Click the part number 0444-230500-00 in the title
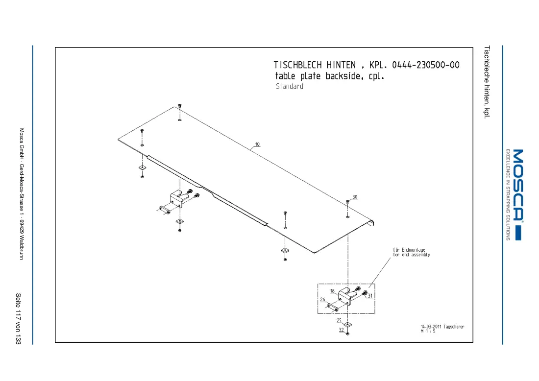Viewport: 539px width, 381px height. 425,65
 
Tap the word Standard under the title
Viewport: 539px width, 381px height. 290,86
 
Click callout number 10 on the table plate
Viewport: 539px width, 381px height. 257,144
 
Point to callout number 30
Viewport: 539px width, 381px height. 355,197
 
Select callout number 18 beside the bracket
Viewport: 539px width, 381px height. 332,291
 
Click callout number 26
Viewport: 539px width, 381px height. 322,300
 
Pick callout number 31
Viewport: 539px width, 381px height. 370,295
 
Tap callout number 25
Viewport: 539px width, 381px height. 339,320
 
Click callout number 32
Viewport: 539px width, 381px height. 341,330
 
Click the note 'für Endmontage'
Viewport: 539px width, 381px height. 409,250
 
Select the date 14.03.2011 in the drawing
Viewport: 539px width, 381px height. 431,326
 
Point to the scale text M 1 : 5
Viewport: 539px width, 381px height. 428,331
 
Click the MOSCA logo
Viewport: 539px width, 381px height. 518,194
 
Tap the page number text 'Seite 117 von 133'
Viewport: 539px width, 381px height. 18,318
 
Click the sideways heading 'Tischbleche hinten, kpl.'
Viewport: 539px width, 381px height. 487,82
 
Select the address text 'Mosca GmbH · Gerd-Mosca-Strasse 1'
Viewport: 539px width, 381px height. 22,173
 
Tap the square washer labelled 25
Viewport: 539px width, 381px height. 348,324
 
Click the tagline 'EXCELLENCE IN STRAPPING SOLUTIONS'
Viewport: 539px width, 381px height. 508,194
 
